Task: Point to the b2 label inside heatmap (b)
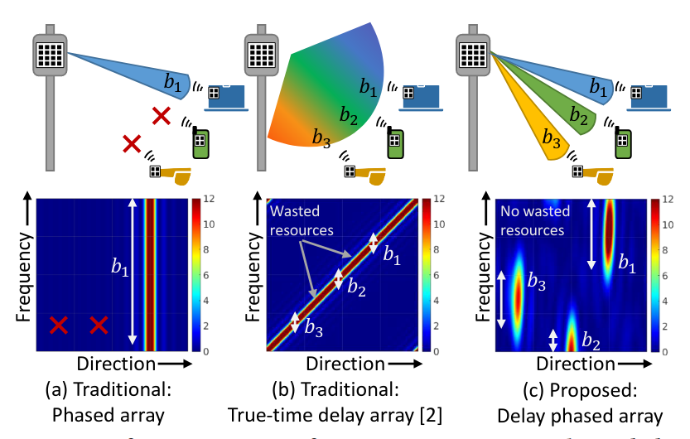coord(356,287)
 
